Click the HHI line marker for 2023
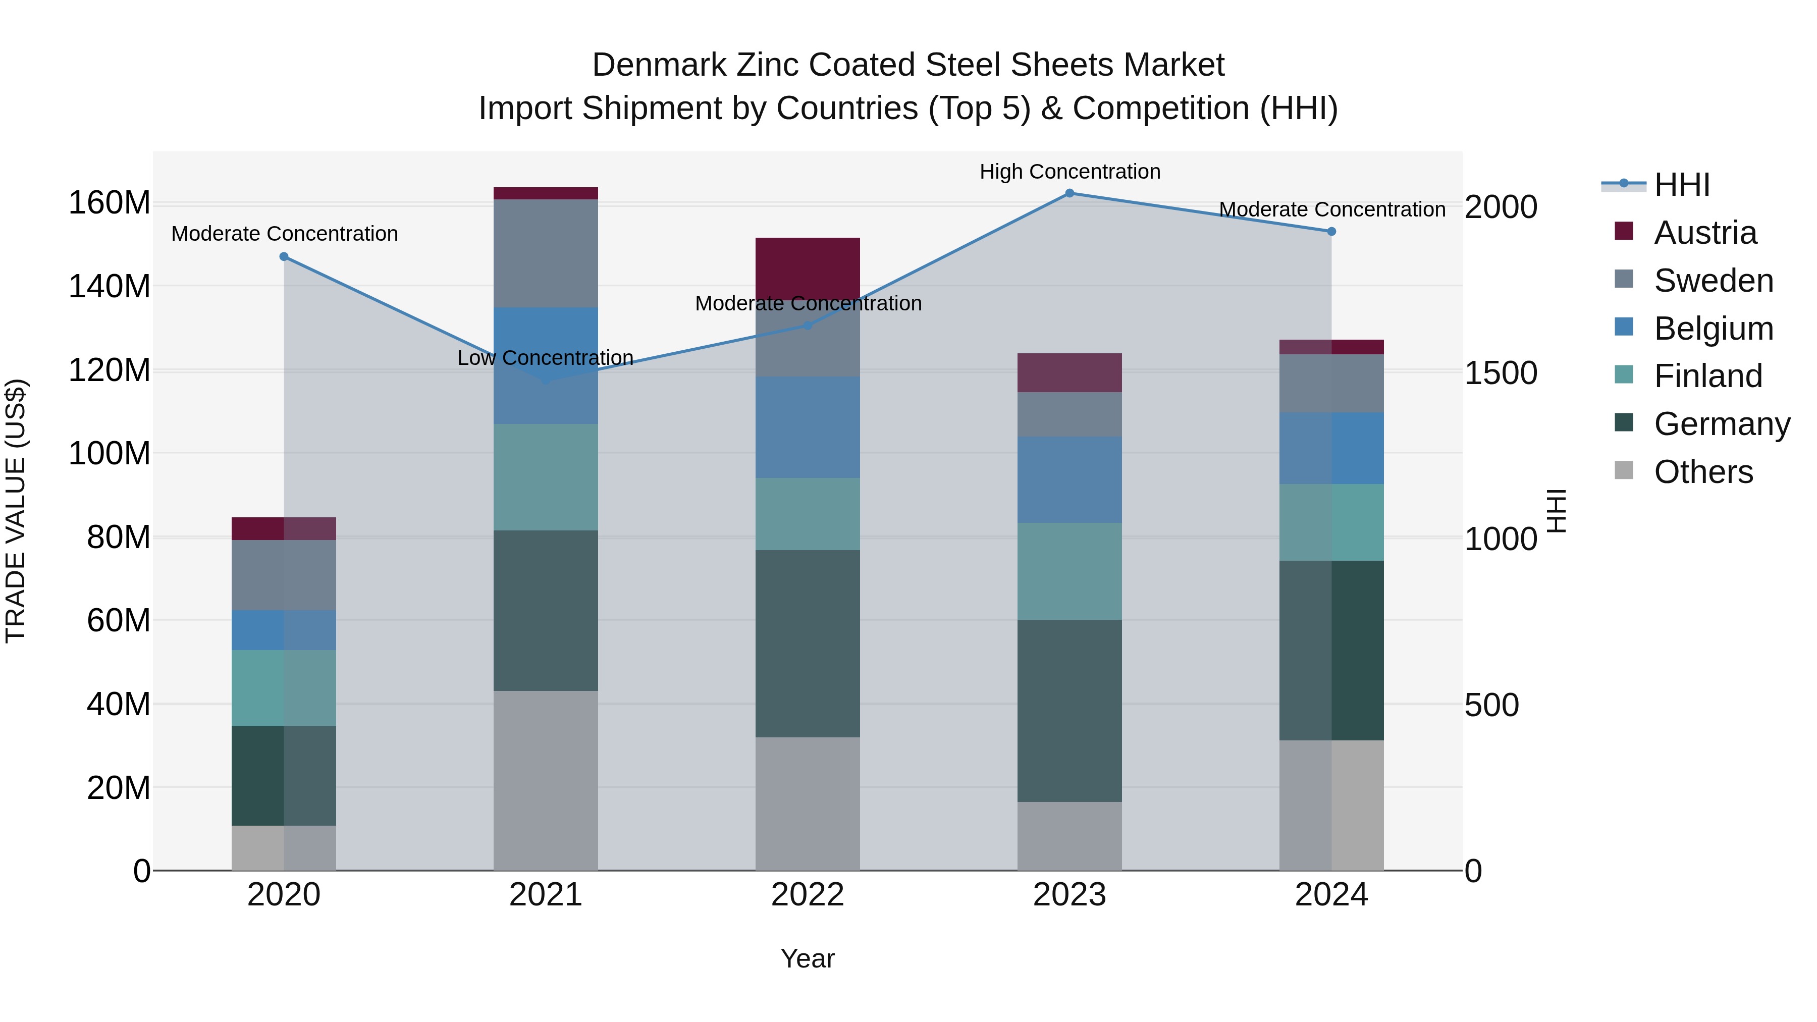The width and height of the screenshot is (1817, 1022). coord(1070,193)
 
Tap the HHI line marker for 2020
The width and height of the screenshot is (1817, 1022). coord(284,257)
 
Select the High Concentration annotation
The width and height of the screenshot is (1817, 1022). coord(1070,172)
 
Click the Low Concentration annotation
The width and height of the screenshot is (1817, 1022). coord(545,358)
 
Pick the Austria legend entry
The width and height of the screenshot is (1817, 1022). coord(1705,233)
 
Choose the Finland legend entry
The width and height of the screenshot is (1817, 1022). coord(1707,376)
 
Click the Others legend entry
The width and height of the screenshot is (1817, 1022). coord(1703,472)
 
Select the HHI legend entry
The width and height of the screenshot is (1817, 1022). coord(1682,185)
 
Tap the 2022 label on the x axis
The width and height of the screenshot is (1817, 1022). coord(807,895)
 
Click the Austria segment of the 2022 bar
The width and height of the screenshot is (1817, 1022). coord(807,268)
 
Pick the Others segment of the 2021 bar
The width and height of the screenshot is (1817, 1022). coord(545,780)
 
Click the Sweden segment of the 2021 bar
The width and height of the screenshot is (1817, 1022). coord(545,253)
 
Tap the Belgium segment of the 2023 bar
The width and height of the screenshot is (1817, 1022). coord(1070,479)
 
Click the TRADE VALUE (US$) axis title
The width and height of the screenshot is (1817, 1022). coord(16,511)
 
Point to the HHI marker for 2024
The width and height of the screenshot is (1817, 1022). coord(1331,231)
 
